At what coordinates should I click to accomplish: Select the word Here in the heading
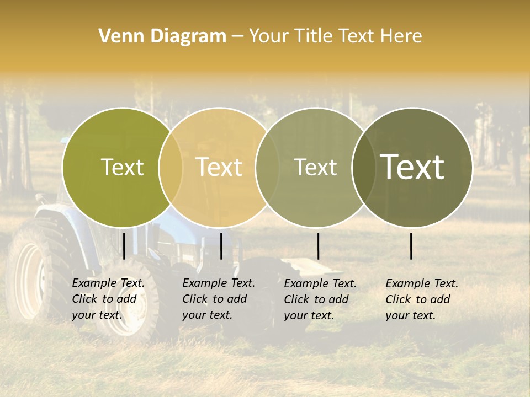[402, 36]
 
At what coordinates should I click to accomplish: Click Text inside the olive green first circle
[122, 167]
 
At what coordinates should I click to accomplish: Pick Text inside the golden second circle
[219, 167]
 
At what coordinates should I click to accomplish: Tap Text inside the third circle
[315, 167]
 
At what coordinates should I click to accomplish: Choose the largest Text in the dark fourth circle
[412, 167]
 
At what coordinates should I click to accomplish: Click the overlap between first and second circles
[171, 167]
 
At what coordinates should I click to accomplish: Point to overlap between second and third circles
[267, 167]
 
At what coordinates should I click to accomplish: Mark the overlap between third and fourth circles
[364, 167]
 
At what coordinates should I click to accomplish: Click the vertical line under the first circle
[124, 246]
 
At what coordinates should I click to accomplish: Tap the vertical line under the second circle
[221, 246]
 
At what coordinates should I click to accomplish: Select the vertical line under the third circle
[318, 246]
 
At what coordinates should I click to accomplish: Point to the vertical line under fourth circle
[411, 246]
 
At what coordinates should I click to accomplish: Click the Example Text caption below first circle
[108, 299]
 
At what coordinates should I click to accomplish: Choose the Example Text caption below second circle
[219, 299]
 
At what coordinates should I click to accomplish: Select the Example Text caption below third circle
[320, 299]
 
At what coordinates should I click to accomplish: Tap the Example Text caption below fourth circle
[422, 299]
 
